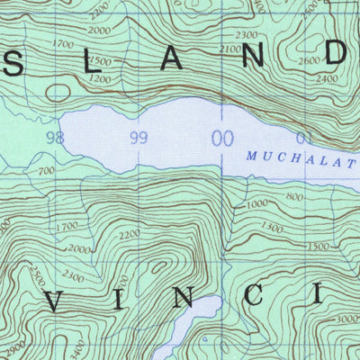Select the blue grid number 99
click(x=139, y=138)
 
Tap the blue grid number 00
click(x=220, y=138)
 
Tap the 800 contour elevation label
click(x=294, y=195)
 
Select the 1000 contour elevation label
click(x=256, y=205)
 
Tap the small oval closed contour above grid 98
click(x=59, y=92)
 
